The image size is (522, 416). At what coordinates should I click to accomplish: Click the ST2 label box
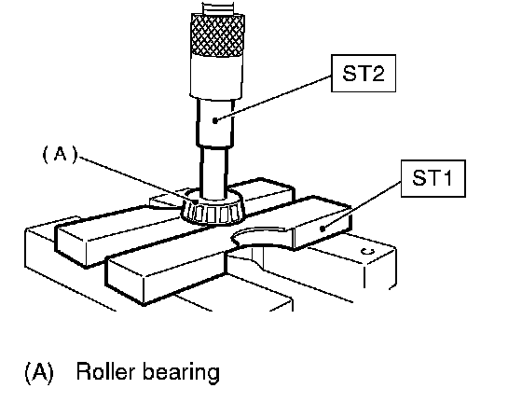point(364,74)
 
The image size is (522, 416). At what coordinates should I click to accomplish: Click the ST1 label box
point(433,178)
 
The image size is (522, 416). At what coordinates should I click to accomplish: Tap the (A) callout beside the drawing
point(60,155)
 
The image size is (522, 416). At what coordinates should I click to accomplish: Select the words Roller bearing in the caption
point(148,372)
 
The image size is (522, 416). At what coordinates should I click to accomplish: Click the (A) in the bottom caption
point(39,372)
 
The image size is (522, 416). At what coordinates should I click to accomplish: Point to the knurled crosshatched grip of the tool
point(218,35)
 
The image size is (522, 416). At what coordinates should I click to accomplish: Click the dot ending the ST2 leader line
point(215,120)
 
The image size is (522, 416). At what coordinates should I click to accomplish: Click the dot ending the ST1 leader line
point(323,229)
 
